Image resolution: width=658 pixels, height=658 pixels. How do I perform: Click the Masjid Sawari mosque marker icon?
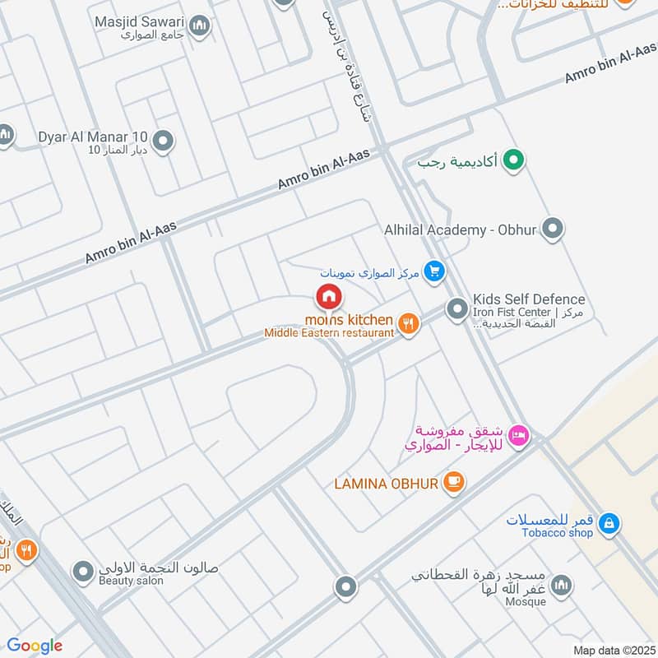pos(199,27)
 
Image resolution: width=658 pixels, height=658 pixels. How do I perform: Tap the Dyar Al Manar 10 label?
pos(92,137)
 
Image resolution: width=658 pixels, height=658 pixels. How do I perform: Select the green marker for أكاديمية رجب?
pos(514,160)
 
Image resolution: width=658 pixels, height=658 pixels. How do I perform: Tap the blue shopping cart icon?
pos(433,271)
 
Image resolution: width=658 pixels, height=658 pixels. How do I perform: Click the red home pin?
pos(328,295)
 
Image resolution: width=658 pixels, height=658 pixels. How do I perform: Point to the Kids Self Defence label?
pos(529,299)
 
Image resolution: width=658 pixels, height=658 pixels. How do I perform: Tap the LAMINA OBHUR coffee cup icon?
pos(453,483)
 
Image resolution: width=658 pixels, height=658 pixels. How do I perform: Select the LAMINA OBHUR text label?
pos(386,484)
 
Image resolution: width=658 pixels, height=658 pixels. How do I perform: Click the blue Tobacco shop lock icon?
pos(608,522)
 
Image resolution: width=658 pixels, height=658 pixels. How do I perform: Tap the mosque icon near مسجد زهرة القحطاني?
pos(562,585)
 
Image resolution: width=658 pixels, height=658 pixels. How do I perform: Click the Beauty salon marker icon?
pos(82,570)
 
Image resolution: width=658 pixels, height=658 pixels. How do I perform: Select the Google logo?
pos(35,646)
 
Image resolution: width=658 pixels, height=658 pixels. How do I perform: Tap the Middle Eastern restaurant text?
pos(329,332)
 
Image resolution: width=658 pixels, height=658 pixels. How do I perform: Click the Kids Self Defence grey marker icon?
pos(456,310)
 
